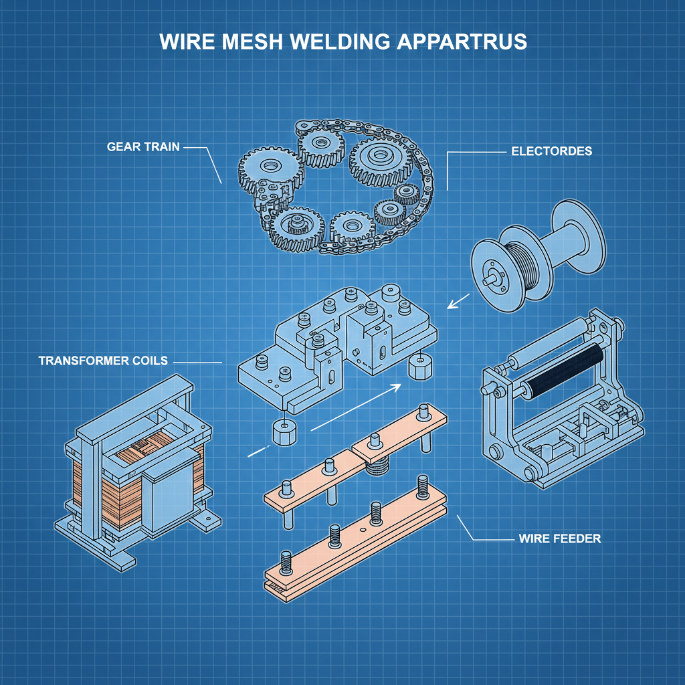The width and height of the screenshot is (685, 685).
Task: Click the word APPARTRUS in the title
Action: point(462,41)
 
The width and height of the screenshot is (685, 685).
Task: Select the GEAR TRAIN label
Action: point(143,146)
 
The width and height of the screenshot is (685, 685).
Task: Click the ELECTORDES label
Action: point(551,151)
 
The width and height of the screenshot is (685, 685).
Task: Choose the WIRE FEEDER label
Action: point(559,539)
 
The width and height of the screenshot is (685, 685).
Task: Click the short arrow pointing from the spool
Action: point(458,303)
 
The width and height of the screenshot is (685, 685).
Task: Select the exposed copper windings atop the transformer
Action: point(140,456)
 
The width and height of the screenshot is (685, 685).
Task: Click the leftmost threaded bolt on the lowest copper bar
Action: point(287,563)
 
